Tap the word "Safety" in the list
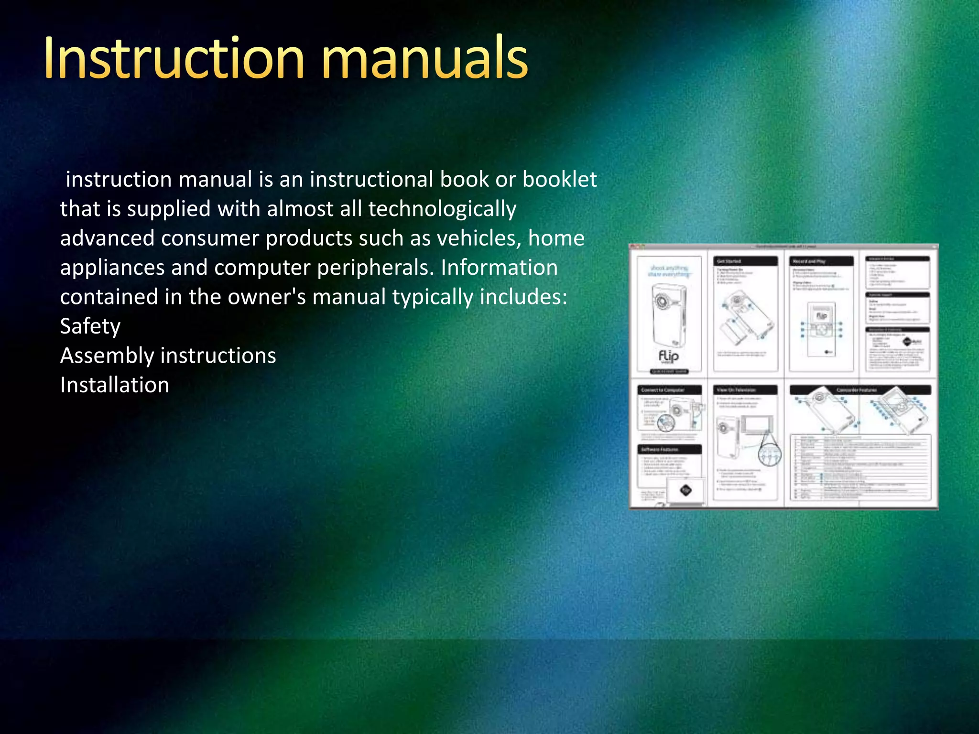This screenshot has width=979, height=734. pyautogui.click(x=90, y=326)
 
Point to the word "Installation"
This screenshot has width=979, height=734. pyautogui.click(x=115, y=385)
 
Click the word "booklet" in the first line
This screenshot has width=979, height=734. pyautogui.click(x=559, y=180)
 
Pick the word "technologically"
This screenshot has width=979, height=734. pyautogui.click(x=442, y=209)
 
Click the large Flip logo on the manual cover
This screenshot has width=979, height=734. pyautogui.click(x=668, y=356)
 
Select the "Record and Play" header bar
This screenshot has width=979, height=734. pyautogui.click(x=821, y=261)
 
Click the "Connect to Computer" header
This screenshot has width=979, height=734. pyautogui.click(x=669, y=390)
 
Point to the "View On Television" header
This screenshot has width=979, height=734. pyautogui.click(x=745, y=390)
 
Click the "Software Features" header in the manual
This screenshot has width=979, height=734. pyautogui.click(x=669, y=449)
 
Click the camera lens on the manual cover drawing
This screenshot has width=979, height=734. pyautogui.click(x=662, y=302)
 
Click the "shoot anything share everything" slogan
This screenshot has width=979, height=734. pyautogui.click(x=669, y=271)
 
